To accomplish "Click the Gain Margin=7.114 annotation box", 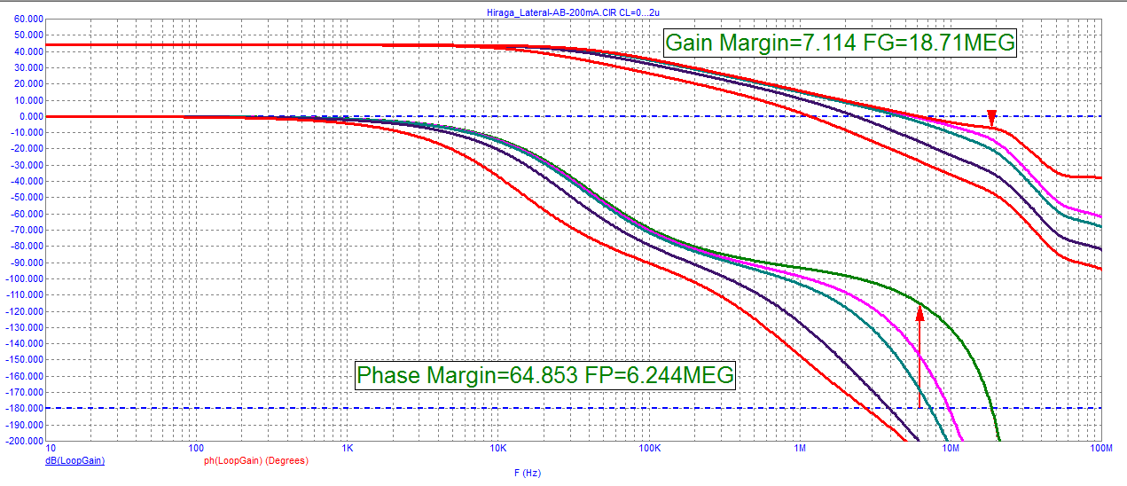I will pos(839,43).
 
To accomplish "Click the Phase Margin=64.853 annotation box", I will pos(546,375).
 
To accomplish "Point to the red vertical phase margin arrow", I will pos(920,355).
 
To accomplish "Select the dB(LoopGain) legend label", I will pos(74,461).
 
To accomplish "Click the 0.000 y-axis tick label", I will pos(29,116).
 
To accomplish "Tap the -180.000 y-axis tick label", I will pos(24,408).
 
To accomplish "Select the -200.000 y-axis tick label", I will pos(24,441).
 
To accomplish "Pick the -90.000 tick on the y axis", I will pos(26,263).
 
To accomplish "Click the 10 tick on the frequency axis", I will pos(51,450).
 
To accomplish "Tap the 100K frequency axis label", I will pos(649,450).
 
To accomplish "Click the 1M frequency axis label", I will pos(800,450).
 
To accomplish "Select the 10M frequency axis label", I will pos(951,450).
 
